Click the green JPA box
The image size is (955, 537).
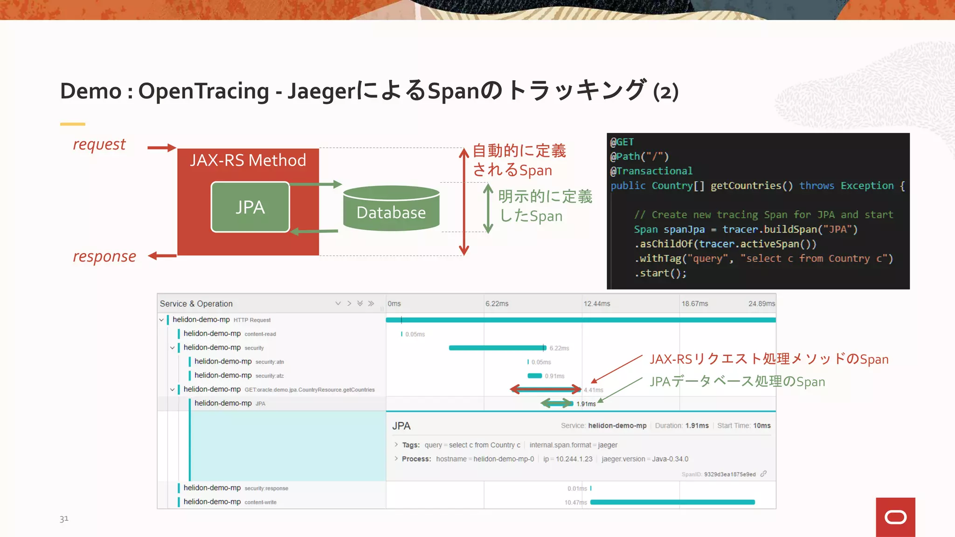click(250, 207)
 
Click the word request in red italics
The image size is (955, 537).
click(99, 145)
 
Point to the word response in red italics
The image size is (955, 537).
click(104, 256)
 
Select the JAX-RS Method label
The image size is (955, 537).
click(248, 160)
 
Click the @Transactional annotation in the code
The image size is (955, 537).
click(651, 171)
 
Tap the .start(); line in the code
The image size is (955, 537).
click(660, 273)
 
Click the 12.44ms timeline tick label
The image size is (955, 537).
click(596, 303)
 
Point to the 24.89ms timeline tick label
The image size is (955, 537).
click(761, 303)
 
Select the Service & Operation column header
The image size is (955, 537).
click(196, 303)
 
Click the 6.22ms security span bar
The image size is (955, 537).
click(497, 348)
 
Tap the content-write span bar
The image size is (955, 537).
click(672, 502)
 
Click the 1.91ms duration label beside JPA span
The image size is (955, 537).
click(586, 404)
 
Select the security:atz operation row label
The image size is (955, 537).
click(269, 376)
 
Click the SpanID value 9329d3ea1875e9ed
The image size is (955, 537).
click(729, 475)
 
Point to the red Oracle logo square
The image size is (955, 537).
click(895, 517)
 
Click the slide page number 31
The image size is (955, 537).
click(64, 518)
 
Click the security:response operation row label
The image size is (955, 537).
click(266, 489)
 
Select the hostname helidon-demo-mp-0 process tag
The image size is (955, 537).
click(484, 459)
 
